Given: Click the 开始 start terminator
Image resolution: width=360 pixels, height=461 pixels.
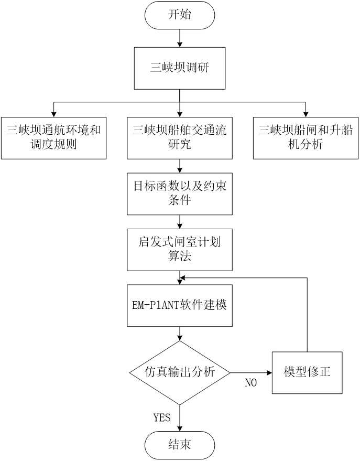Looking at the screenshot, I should pyautogui.click(x=179, y=15).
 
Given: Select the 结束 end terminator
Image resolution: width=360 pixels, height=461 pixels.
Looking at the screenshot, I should pyautogui.click(x=179, y=445).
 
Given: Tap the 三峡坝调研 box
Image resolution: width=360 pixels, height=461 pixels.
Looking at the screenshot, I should pyautogui.click(x=179, y=68).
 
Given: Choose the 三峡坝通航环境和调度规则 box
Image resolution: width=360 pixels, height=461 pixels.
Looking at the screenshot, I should pyautogui.click(x=53, y=137).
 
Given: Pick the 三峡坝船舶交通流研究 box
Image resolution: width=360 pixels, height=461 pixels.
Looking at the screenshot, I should pyautogui.click(x=179, y=137).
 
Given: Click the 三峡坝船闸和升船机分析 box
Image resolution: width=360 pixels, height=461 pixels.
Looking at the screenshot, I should pyautogui.click(x=306, y=137).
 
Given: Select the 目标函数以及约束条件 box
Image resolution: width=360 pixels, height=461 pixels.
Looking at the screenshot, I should pyautogui.click(x=179, y=193).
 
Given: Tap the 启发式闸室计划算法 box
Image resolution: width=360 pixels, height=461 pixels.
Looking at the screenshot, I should pyautogui.click(x=179, y=249).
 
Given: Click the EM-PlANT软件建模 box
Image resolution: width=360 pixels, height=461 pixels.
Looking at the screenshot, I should pyautogui.click(x=179, y=305).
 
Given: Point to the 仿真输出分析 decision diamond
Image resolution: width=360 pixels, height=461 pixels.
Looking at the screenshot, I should pyautogui.click(x=179, y=372).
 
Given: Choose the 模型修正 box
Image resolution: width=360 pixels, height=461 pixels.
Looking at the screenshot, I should pyautogui.click(x=307, y=372).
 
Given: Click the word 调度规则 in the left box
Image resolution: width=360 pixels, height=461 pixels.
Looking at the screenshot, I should pyautogui.click(x=53, y=144).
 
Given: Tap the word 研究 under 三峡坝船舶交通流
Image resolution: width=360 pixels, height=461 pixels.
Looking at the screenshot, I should pyautogui.click(x=179, y=144).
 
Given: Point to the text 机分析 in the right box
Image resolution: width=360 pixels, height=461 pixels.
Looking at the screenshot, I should pyautogui.click(x=306, y=144).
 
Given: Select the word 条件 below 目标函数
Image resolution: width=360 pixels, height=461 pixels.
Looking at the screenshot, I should pyautogui.click(x=179, y=200).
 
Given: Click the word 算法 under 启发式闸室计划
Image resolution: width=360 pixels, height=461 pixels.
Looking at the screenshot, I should pyautogui.click(x=179, y=256).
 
